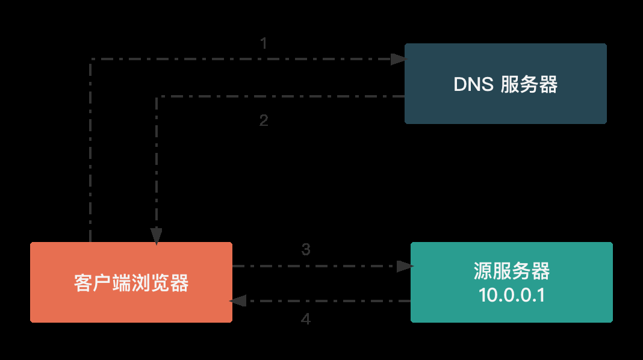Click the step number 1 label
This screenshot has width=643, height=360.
click(264, 43)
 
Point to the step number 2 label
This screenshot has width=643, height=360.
click(264, 120)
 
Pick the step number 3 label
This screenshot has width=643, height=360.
click(306, 249)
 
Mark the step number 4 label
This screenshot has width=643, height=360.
click(306, 319)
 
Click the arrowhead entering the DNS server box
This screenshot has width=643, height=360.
click(399, 59)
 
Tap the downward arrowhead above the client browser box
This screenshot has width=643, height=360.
click(157, 235)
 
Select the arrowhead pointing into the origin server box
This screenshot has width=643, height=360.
click(405, 265)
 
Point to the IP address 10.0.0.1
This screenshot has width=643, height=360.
click(512, 295)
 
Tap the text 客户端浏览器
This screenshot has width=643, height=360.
click(131, 282)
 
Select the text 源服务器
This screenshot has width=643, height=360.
click(512, 272)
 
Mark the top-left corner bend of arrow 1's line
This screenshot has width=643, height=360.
click(90, 59)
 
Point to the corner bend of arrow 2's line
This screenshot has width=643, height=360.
click(157, 96)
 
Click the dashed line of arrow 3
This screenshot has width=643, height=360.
click(313, 265)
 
